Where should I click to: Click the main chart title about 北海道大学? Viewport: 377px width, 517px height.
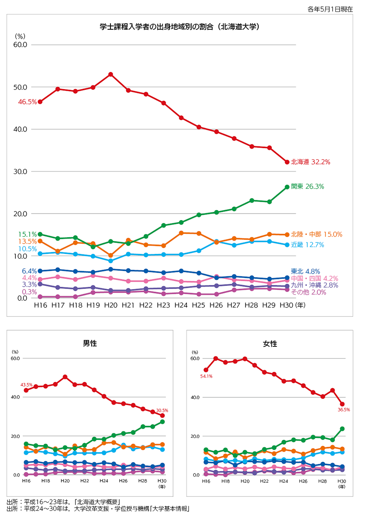point(180,27)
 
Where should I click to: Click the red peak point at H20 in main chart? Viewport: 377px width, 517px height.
point(111,74)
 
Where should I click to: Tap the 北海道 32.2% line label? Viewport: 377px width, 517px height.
point(310,162)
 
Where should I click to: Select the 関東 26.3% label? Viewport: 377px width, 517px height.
point(307,186)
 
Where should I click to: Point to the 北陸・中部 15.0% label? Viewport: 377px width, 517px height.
point(317,235)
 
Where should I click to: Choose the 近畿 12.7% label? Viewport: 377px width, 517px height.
point(307,245)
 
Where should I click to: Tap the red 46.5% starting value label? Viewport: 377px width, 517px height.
point(27,102)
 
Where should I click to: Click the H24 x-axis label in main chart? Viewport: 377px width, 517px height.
point(181,305)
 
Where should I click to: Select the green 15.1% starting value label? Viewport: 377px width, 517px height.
point(27,234)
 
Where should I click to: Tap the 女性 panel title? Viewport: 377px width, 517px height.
point(270,344)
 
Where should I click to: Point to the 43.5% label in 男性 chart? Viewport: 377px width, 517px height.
point(27,385)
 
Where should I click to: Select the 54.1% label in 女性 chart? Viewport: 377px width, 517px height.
point(206,376)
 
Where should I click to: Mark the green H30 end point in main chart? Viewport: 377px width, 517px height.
point(287,187)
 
